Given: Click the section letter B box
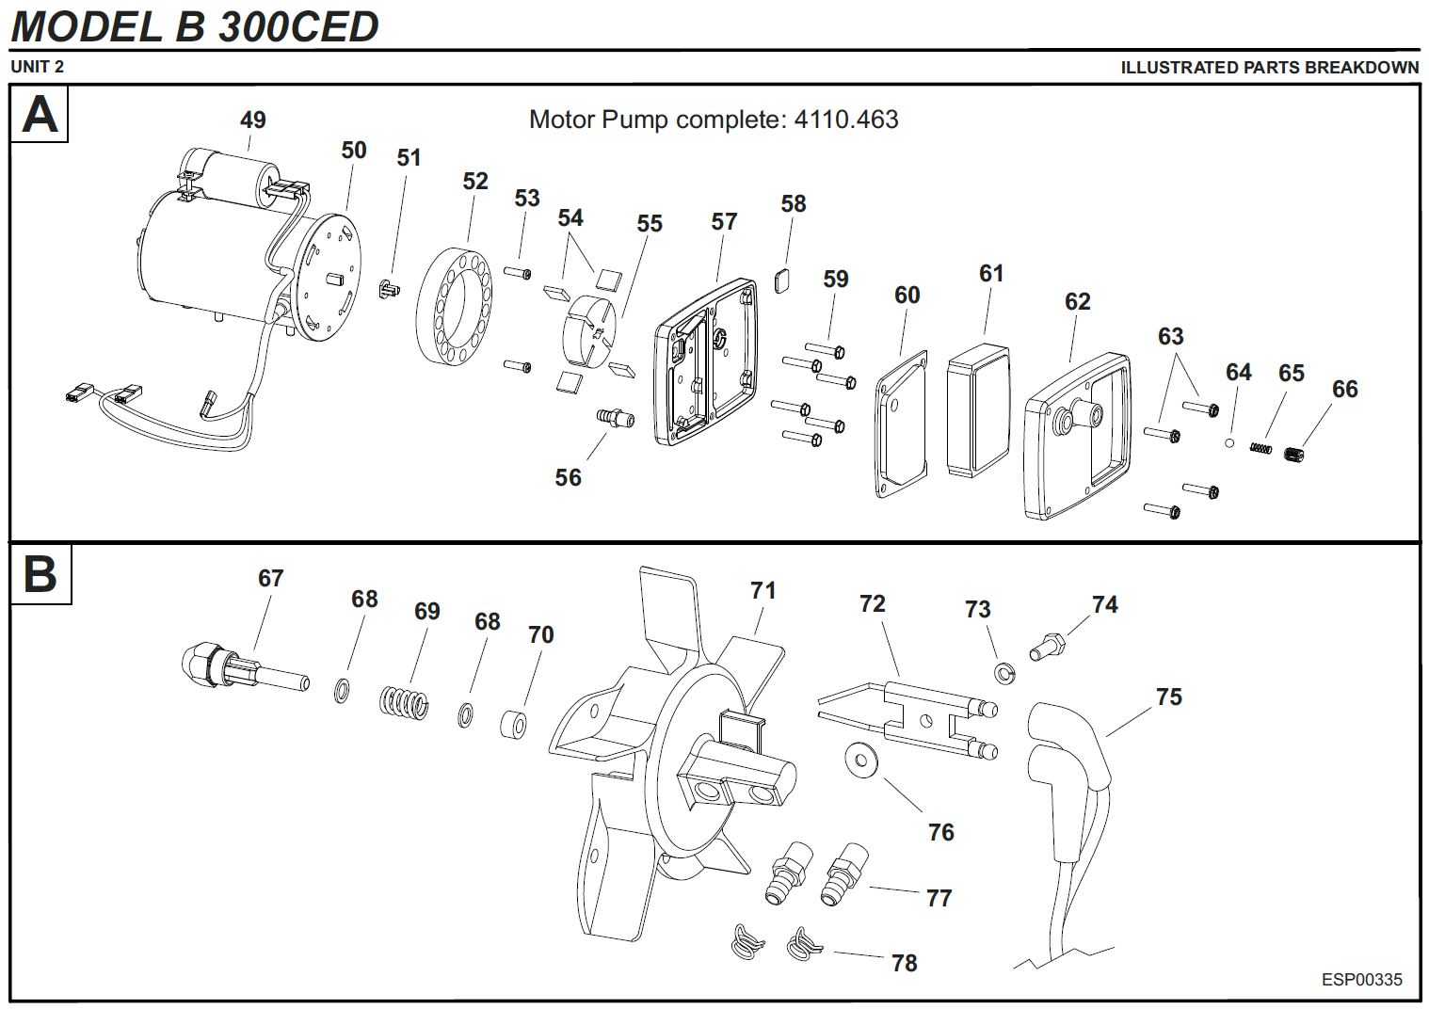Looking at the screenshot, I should point(40,574).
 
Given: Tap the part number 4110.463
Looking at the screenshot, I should point(846,120).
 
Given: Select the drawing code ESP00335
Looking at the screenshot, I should point(1361,980).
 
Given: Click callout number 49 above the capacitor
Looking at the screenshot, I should point(252,120).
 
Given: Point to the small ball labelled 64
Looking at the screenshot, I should point(1229,441).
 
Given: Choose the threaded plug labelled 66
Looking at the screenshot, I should point(1296,454).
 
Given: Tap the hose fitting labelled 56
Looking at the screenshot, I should point(616,416).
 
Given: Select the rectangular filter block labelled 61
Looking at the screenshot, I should point(977,410).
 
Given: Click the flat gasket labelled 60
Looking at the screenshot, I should point(901,422).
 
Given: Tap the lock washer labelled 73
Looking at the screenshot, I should point(1005,673).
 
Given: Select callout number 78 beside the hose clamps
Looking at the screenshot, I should point(904,963).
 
